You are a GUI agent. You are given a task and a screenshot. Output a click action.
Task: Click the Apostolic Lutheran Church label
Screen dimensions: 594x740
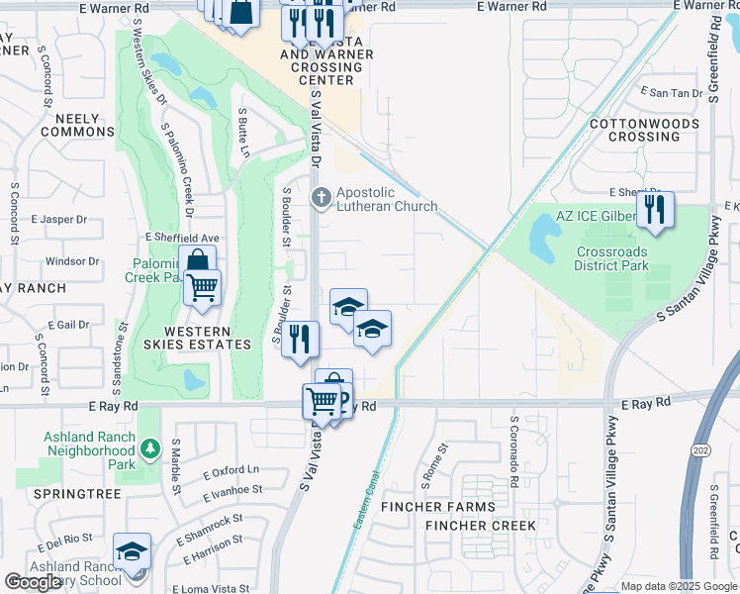click(x=386, y=199)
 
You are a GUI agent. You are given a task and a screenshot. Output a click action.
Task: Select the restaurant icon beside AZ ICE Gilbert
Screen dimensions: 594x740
click(x=655, y=209)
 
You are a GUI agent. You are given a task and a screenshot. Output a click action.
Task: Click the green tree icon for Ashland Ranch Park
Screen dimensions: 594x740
click(x=149, y=449)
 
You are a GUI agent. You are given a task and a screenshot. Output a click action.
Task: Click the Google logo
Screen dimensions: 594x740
click(x=33, y=582)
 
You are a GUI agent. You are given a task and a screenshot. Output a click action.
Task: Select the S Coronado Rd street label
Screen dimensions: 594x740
click(x=514, y=450)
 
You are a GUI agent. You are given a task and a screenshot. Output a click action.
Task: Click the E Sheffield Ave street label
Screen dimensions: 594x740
click(x=181, y=239)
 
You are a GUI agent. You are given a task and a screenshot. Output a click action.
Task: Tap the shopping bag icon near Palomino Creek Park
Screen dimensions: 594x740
click(x=198, y=262)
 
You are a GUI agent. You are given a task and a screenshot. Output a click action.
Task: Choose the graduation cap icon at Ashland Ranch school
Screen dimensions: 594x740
click(x=131, y=553)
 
